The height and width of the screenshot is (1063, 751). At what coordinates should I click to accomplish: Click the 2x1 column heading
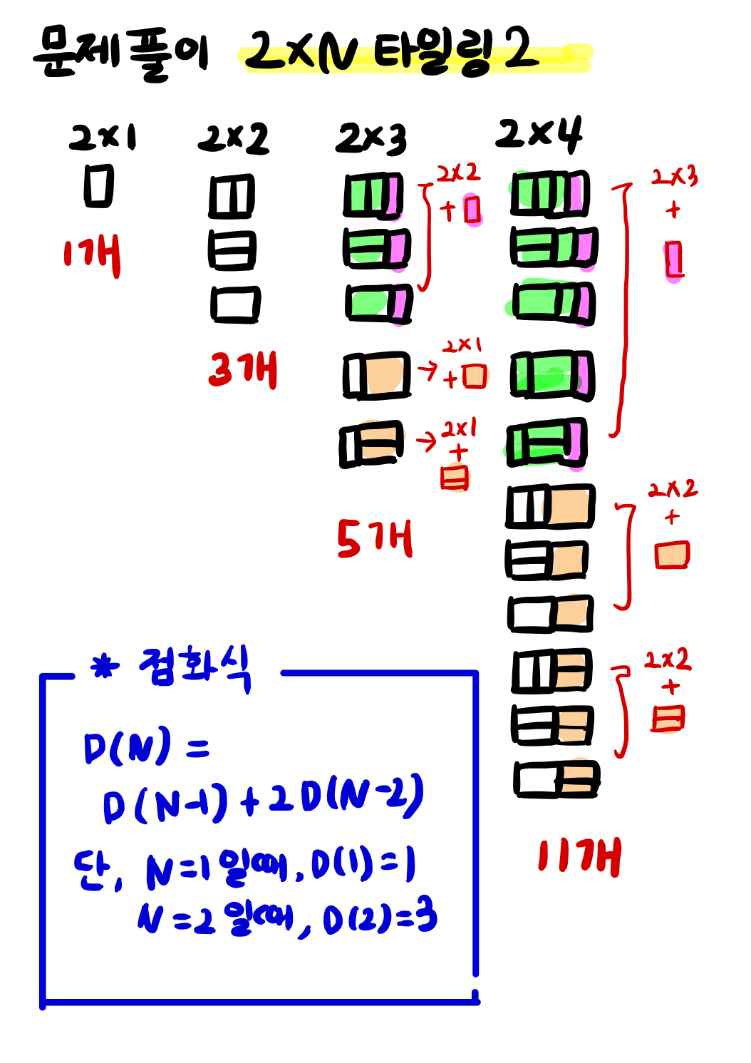tap(103, 137)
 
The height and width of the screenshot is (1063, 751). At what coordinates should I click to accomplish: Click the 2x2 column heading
tap(233, 138)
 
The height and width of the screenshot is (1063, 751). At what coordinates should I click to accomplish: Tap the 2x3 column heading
tap(371, 138)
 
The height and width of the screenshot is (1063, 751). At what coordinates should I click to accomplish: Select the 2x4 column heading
tap(539, 134)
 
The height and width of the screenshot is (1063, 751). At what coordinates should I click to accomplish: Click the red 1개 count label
tap(92, 256)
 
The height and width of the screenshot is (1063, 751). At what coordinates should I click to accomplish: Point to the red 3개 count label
tap(242, 369)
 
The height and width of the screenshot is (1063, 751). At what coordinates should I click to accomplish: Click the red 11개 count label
tap(579, 856)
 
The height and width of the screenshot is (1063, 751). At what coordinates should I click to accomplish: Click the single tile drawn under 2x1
tap(99, 186)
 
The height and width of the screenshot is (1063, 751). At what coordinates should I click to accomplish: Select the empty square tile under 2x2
tap(235, 304)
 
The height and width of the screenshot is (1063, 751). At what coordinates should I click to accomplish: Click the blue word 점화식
tap(195, 667)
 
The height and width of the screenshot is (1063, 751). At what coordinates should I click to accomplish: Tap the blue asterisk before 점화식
tap(105, 667)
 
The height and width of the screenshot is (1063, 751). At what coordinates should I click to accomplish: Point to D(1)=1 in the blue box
tap(363, 865)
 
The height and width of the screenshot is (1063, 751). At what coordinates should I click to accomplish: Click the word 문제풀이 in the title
tap(121, 53)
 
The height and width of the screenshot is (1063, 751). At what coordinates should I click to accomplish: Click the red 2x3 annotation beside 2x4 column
tap(674, 176)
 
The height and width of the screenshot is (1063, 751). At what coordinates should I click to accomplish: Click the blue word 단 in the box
tap(93, 871)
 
